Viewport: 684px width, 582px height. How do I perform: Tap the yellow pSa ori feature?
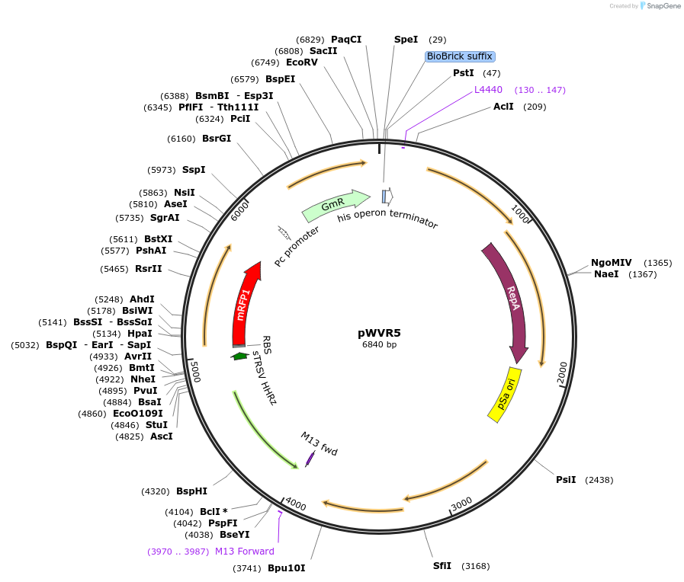(504, 394)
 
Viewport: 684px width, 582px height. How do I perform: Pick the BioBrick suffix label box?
(460, 56)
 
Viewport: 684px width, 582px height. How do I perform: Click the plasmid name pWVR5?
(379, 333)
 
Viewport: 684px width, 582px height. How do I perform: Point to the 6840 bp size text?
(379, 345)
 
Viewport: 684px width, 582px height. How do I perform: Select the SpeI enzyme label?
(406, 40)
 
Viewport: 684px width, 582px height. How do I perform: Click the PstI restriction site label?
(463, 73)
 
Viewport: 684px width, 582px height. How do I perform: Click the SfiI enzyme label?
(442, 566)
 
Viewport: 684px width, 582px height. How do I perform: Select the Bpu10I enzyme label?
(286, 568)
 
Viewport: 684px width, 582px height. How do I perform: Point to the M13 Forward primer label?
(244, 552)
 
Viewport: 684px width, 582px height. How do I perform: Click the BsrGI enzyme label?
(217, 139)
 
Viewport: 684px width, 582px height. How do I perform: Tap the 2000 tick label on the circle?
(562, 372)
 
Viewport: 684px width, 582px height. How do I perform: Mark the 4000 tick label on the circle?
(295, 504)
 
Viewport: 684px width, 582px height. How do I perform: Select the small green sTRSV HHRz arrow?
(240, 356)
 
